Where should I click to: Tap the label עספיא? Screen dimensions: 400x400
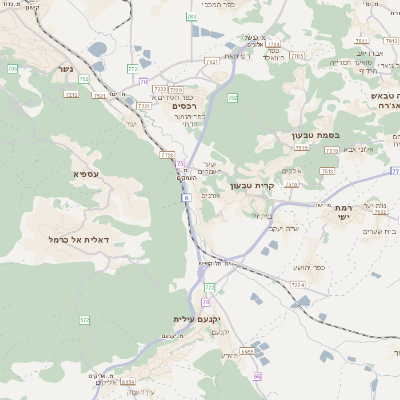click(x=85, y=173)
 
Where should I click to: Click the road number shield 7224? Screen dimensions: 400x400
click(x=297, y=285)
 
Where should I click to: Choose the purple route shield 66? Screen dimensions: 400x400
click(x=257, y=376)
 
